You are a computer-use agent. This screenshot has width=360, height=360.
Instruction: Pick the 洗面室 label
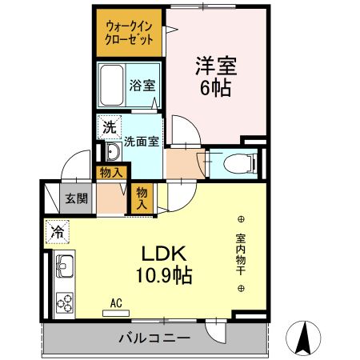(141, 141)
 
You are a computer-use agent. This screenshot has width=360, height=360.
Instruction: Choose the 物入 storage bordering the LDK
(142, 198)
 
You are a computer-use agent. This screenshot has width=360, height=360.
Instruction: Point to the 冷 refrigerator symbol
(57, 231)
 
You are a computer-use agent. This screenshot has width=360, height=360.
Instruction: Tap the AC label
(115, 303)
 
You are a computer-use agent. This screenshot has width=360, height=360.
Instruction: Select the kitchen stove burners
(63, 302)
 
